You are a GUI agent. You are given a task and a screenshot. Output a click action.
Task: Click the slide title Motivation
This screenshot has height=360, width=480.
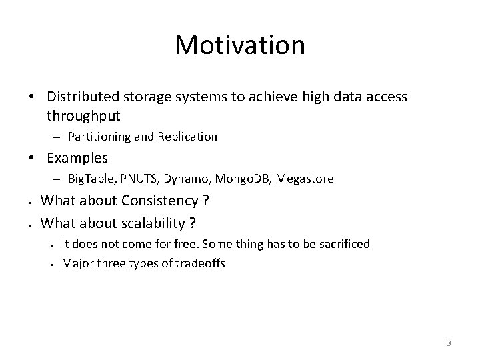(240, 46)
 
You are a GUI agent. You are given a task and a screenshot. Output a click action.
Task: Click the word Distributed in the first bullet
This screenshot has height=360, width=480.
(81, 97)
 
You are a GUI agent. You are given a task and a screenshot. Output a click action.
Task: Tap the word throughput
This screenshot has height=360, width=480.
(83, 116)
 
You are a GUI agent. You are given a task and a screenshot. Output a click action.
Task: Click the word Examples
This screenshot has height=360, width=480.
(77, 158)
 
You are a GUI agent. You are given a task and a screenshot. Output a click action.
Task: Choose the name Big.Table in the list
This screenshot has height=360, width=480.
(92, 179)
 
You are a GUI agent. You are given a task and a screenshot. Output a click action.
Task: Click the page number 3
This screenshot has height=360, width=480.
(449, 343)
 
